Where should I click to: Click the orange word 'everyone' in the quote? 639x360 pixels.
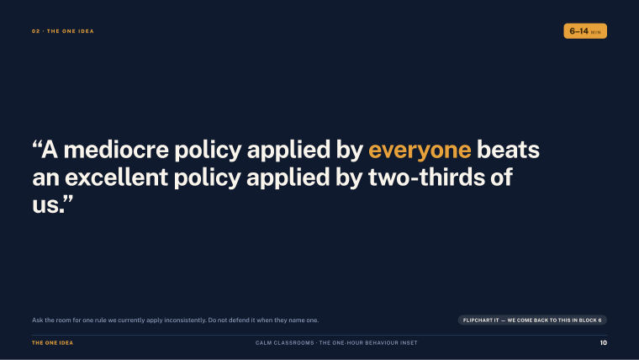[420, 151]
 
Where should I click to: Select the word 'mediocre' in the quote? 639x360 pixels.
[116, 149]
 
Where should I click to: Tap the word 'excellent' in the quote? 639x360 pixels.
[117, 177]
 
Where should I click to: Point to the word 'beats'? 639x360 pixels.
[508, 149]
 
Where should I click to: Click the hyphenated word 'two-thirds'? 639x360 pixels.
[426, 177]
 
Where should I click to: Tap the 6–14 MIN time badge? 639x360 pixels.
[585, 31]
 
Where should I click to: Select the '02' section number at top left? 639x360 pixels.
[36, 31]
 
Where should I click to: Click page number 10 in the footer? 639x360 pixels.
[604, 343]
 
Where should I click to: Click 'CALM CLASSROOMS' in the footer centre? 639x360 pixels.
[285, 343]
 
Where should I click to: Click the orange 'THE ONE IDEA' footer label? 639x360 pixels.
[53, 343]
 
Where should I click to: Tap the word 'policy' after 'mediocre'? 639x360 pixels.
[208, 151]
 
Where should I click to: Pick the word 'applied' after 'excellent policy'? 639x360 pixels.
[288, 178]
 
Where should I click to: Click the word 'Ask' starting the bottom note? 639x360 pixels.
[38, 320]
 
